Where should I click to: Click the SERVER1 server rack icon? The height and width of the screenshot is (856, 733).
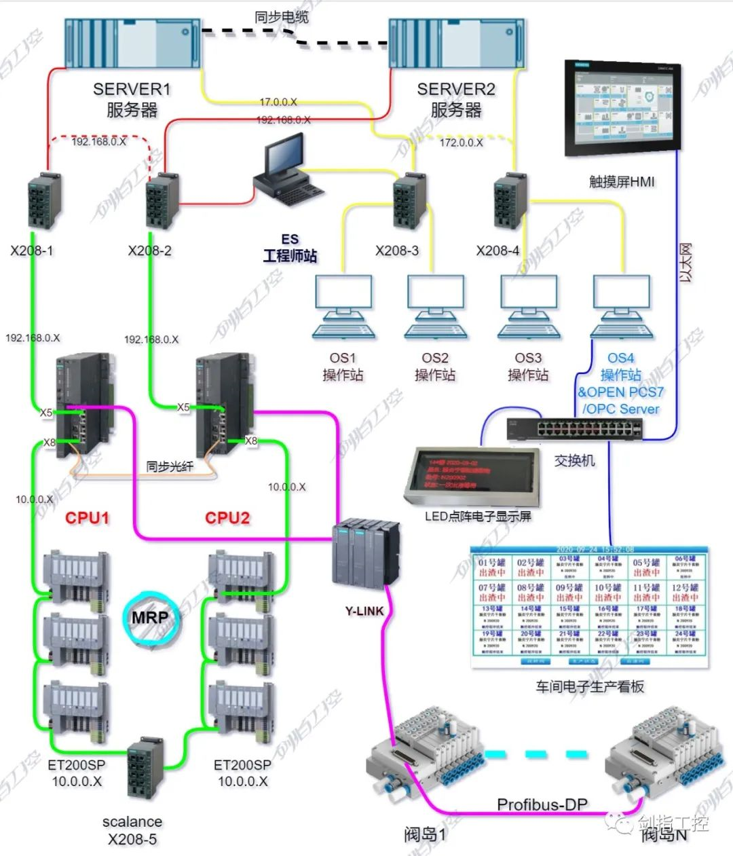point(133,43)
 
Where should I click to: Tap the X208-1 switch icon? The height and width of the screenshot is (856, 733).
point(45,202)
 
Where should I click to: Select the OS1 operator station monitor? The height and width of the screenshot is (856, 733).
point(343,306)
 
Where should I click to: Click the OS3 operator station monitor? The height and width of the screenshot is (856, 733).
point(529,306)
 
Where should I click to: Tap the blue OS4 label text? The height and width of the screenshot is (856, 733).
point(620,358)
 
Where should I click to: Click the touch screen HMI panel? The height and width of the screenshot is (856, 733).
point(620,109)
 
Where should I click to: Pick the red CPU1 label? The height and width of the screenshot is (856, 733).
point(87,518)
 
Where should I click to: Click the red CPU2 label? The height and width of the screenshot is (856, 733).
point(227,518)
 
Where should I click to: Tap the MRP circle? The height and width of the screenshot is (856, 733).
point(149,618)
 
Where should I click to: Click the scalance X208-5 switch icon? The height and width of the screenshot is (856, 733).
point(145,767)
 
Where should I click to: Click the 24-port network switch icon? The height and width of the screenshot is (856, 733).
point(575,428)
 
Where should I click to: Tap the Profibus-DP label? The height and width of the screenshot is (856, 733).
point(542,804)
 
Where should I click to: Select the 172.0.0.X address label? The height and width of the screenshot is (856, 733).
point(461,143)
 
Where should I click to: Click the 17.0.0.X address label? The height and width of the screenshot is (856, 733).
point(278,102)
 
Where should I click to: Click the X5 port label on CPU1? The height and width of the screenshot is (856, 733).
point(46,413)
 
